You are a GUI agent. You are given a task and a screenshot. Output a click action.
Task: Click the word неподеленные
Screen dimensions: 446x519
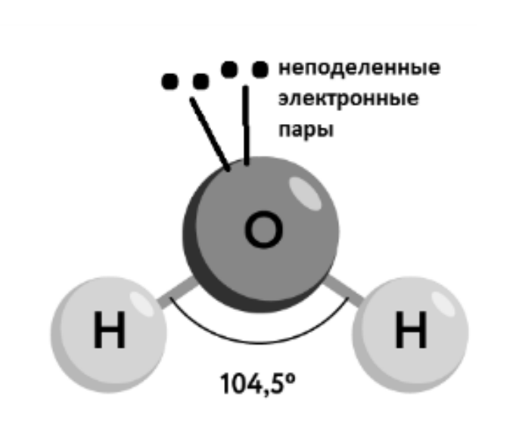[359, 69]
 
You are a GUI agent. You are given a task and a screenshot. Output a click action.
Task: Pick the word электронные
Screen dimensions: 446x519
[349, 99]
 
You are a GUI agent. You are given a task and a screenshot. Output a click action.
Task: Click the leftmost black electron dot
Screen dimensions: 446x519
[169, 80]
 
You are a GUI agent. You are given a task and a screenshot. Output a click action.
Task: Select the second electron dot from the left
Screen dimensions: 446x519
[200, 80]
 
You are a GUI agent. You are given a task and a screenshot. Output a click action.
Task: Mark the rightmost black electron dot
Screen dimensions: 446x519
[259, 70]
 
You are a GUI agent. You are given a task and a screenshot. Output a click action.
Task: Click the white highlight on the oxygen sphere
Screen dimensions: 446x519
[306, 190]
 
